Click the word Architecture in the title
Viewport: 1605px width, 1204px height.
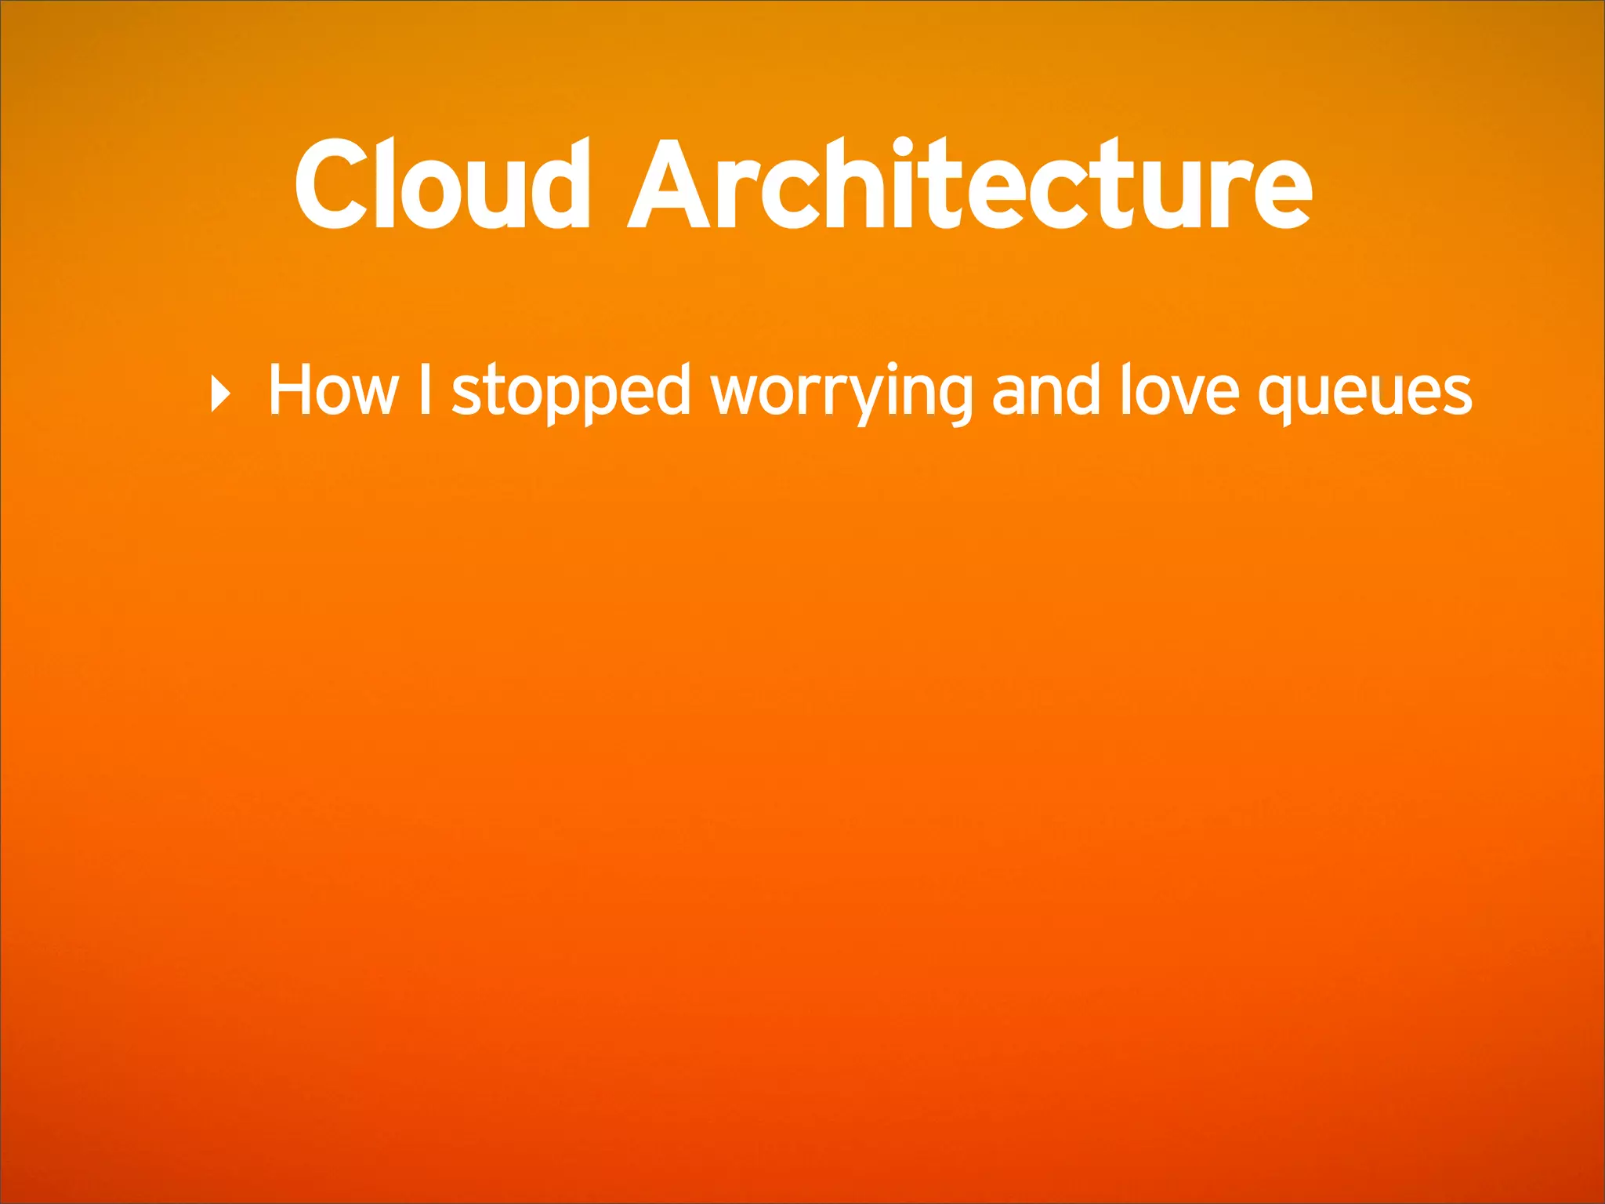tap(970, 185)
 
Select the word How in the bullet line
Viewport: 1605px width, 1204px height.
tap(333, 390)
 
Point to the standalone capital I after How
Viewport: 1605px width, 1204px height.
tap(425, 390)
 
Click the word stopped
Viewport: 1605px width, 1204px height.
tap(571, 392)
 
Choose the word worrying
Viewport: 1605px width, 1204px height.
tap(842, 392)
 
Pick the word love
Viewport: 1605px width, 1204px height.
tap(1179, 390)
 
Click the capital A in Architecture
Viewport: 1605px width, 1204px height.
tap(671, 185)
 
